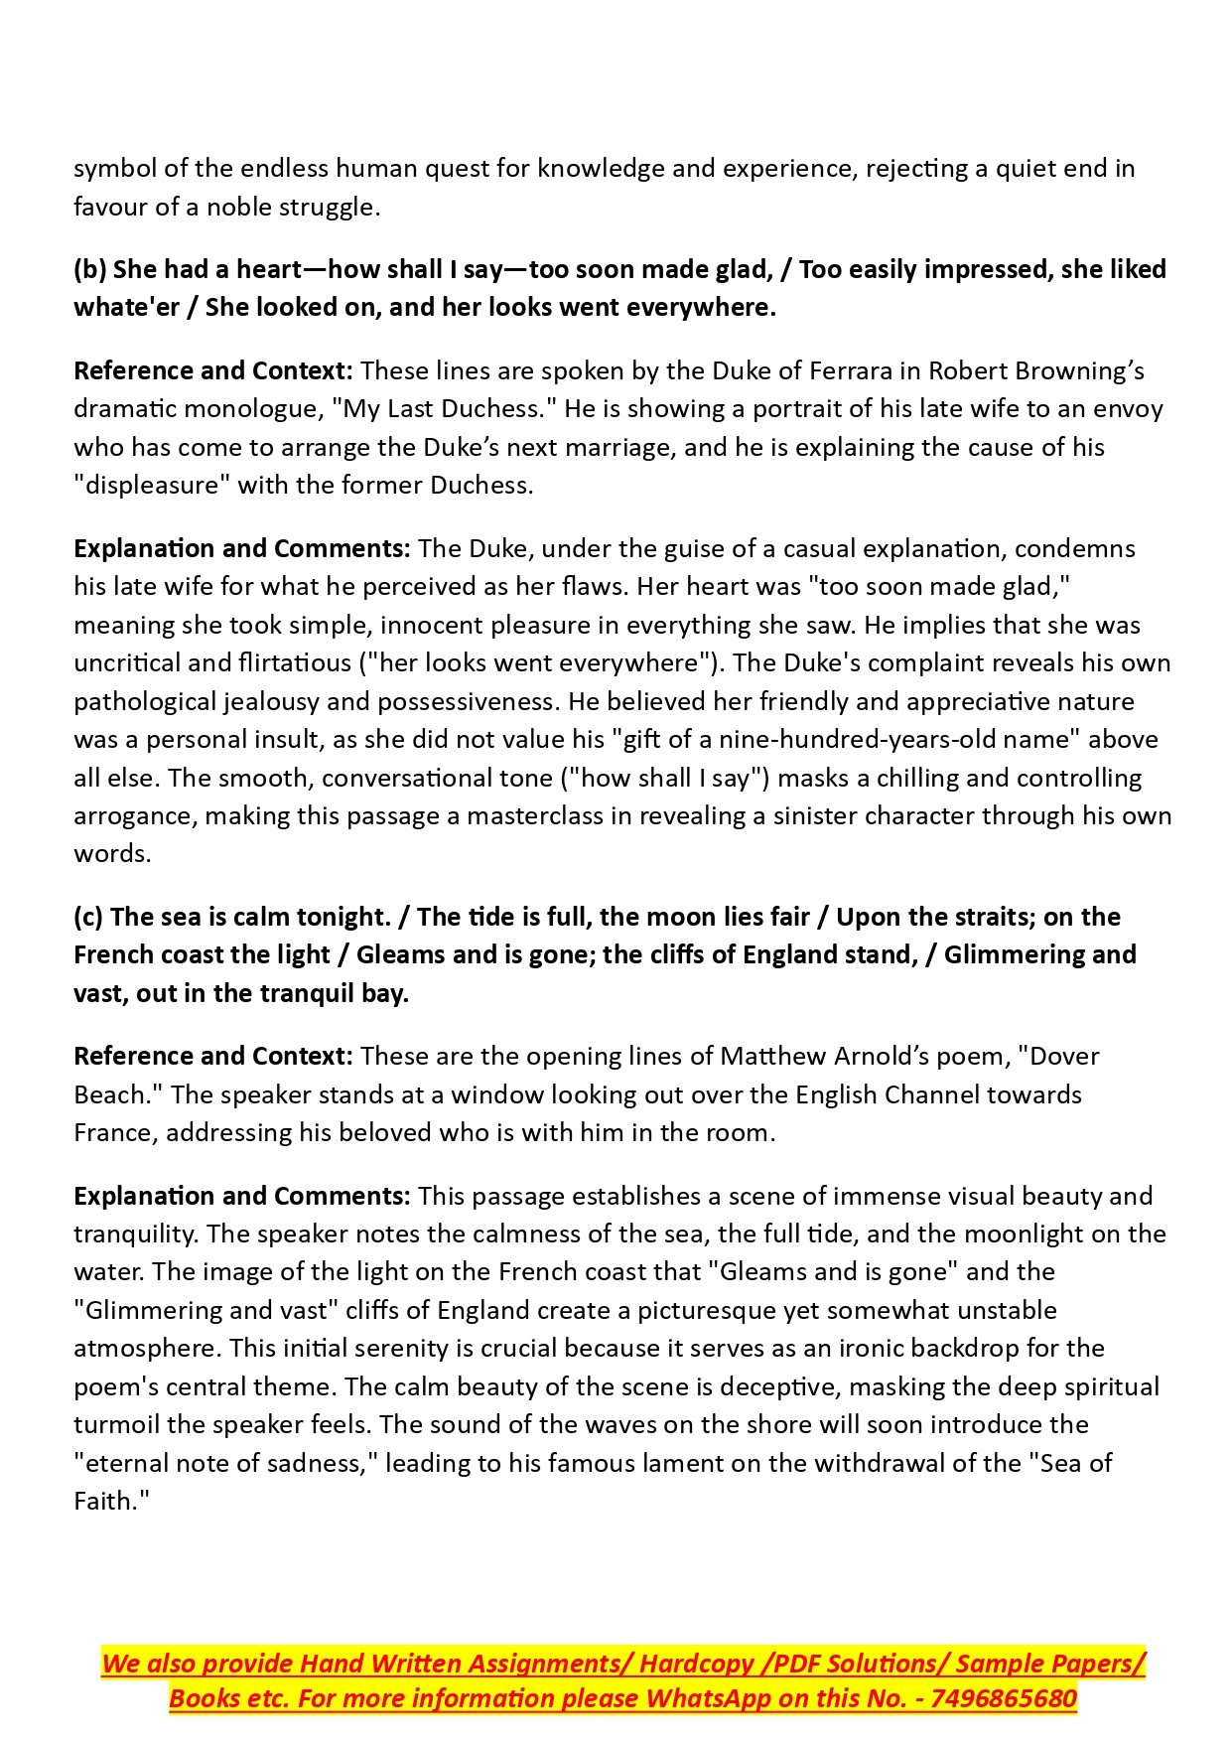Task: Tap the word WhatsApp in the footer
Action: pyautogui.click(x=709, y=1698)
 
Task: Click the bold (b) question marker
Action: pyautogui.click(x=90, y=269)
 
